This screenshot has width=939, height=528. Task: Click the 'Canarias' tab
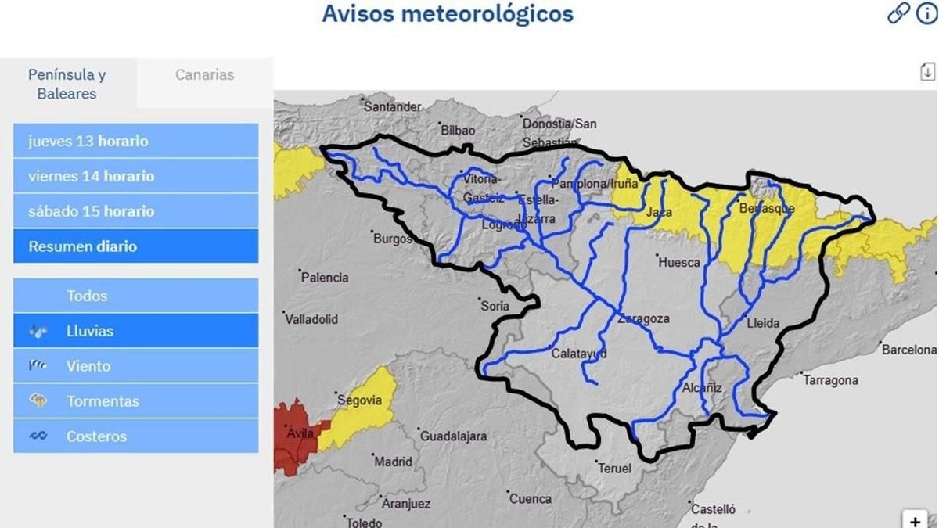click(204, 75)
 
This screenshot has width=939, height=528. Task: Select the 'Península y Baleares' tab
click(67, 84)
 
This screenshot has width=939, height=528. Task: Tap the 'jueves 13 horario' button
click(135, 142)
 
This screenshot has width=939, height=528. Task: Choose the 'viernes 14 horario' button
click(135, 176)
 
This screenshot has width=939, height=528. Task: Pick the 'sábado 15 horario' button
click(135, 211)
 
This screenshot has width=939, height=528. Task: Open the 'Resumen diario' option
click(135, 246)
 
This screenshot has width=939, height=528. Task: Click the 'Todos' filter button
click(135, 296)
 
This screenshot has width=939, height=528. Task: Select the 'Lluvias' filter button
click(135, 331)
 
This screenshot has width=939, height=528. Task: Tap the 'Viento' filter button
click(135, 366)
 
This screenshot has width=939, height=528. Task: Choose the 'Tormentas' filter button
click(135, 401)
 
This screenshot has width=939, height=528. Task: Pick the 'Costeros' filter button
click(135, 436)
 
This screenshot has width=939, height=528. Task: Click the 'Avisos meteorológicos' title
click(448, 14)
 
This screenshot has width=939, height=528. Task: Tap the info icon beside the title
click(926, 13)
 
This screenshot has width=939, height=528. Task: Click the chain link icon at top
click(898, 13)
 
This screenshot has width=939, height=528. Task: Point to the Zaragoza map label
click(643, 319)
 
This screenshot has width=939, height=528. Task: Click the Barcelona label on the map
click(908, 350)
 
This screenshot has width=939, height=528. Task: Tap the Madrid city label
click(393, 462)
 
